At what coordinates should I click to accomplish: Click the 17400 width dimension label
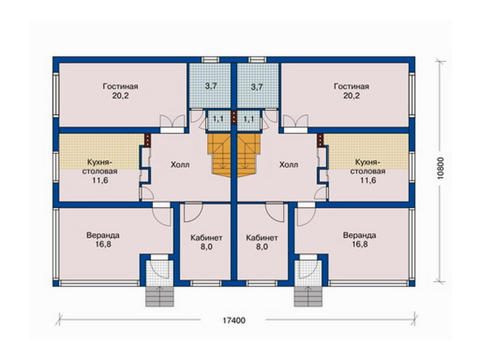click(234, 320)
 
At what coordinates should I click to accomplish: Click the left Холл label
click(180, 165)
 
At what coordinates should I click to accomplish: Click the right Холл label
click(289, 165)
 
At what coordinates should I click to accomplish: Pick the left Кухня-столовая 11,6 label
click(100, 171)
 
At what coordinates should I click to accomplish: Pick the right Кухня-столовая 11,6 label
click(367, 171)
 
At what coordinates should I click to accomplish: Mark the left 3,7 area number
click(211, 86)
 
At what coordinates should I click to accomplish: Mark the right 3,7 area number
click(257, 87)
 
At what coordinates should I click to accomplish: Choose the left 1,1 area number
click(218, 119)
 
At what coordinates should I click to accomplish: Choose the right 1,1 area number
click(249, 119)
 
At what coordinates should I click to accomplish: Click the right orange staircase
click(248, 155)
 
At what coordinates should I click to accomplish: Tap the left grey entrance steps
click(159, 296)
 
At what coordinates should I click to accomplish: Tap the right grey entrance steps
click(308, 296)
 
